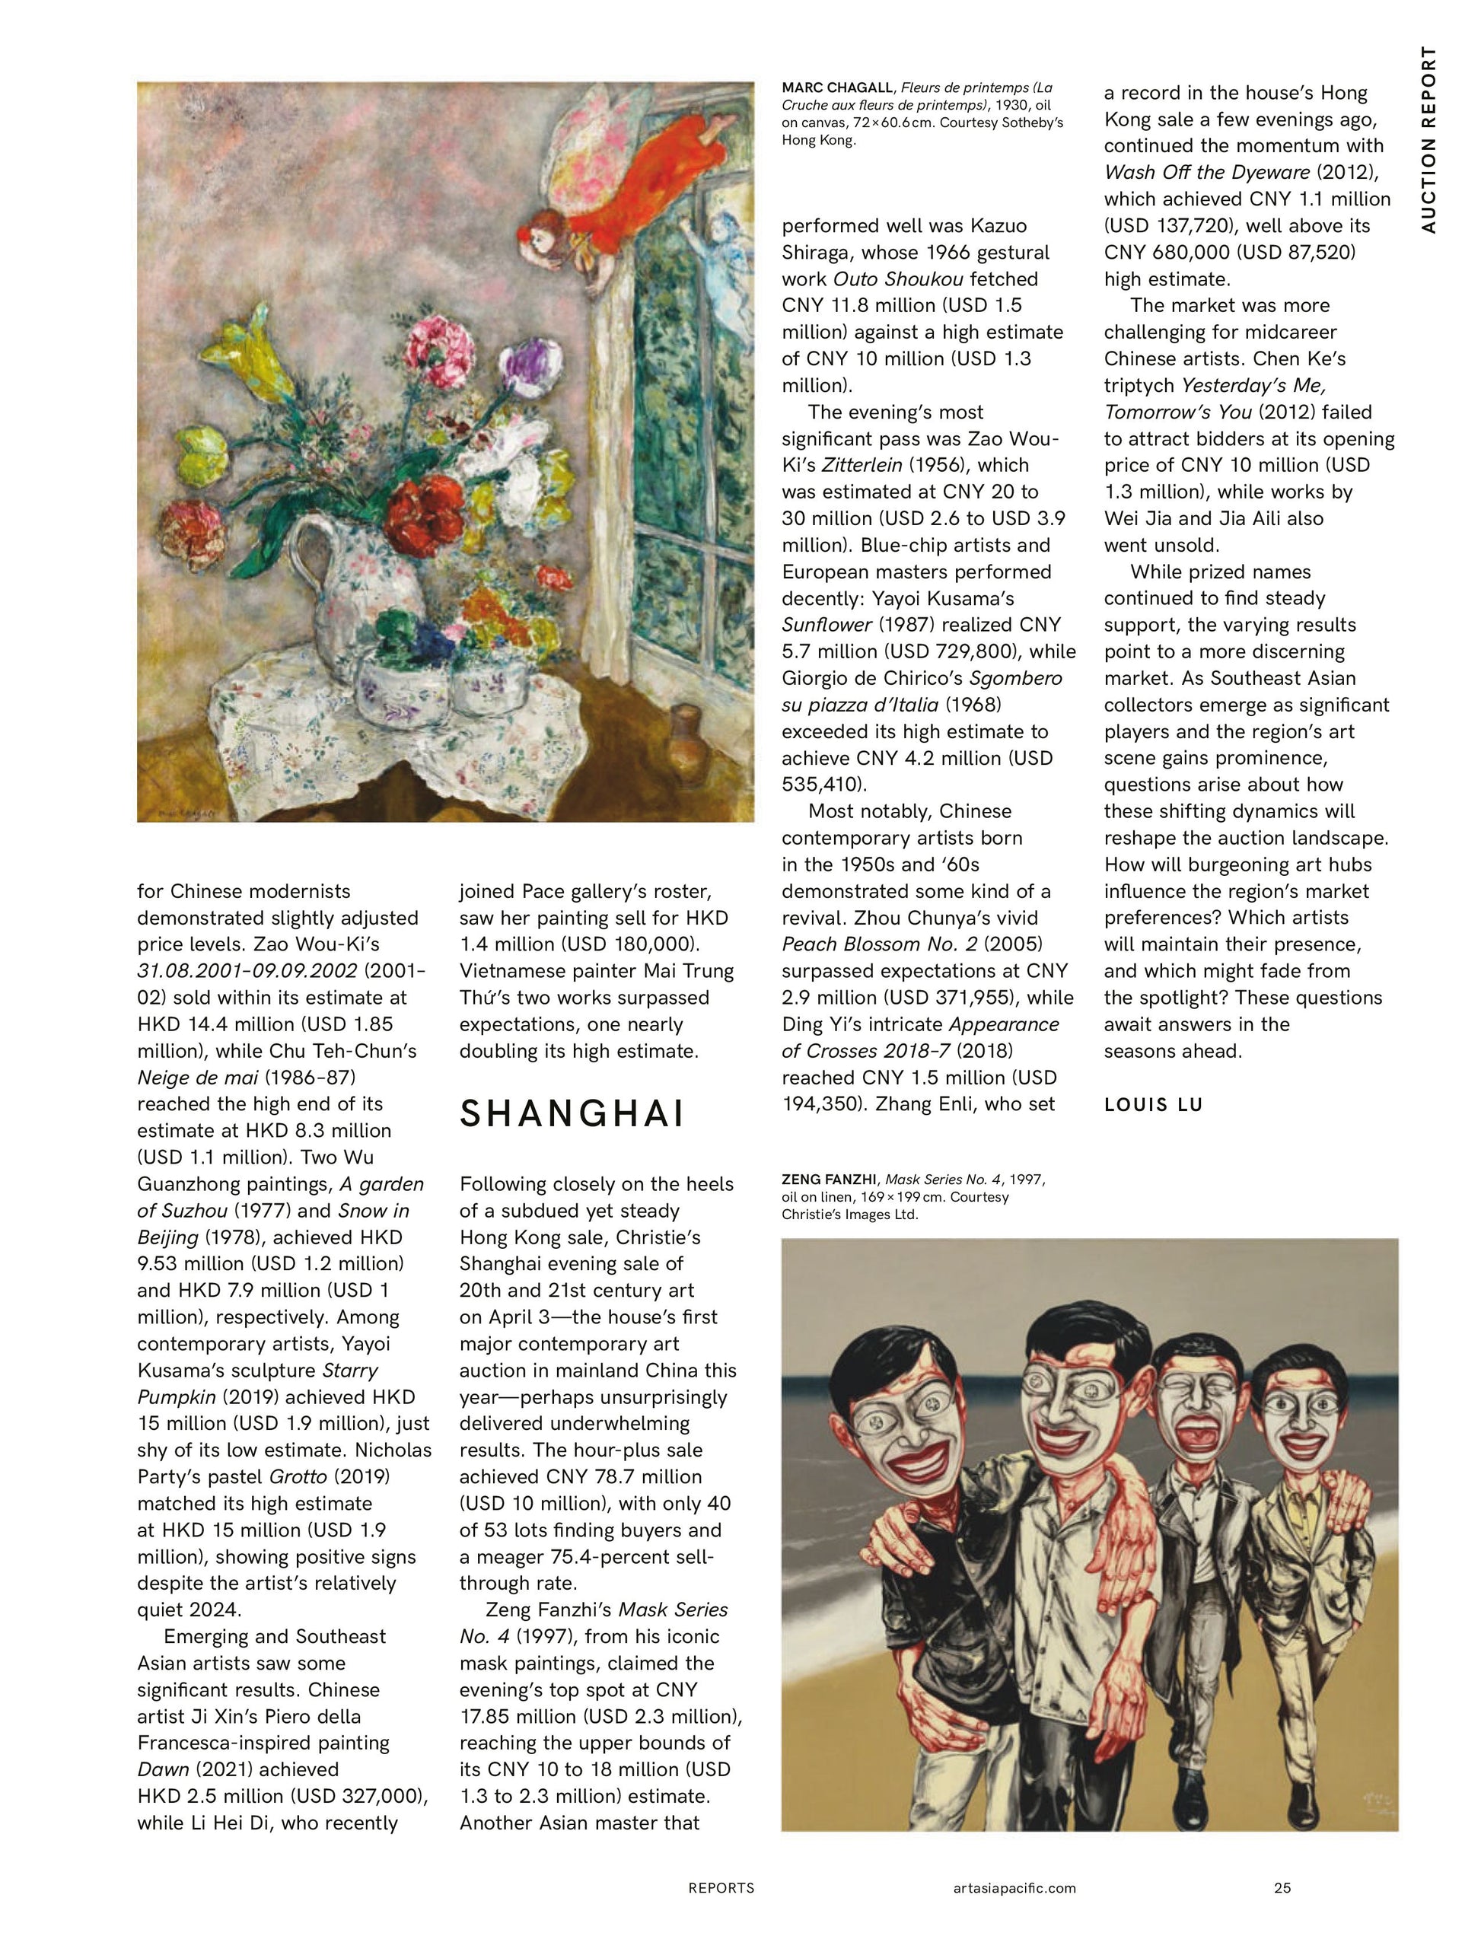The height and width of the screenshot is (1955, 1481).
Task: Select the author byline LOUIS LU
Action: click(1153, 1105)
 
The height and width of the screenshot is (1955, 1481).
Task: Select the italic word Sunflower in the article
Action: click(827, 625)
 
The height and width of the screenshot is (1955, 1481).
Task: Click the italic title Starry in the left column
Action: click(351, 1370)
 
